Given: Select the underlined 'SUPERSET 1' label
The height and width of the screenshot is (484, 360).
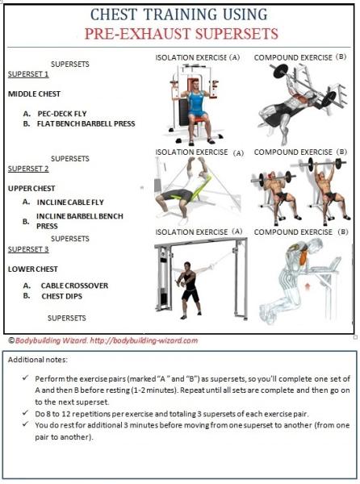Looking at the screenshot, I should pos(28,74).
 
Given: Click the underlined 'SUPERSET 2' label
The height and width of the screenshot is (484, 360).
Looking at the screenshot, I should pos(28,169).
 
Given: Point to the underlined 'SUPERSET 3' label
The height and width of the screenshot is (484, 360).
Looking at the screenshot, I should pos(28,249).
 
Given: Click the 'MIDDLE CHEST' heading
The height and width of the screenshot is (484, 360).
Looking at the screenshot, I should pos(35,94).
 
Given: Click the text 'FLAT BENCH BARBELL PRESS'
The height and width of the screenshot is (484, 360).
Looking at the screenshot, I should pos(90,124).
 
